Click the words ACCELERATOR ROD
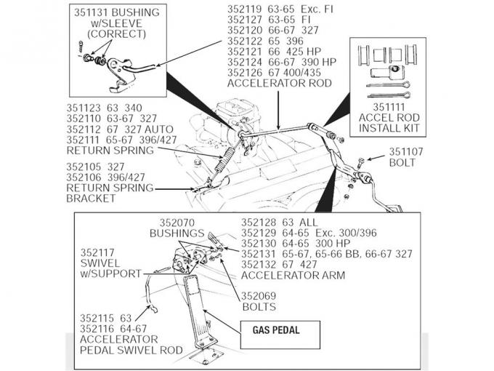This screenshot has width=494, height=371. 279,83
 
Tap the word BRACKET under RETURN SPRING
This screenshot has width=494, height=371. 91,198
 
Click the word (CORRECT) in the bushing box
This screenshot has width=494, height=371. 113,33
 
